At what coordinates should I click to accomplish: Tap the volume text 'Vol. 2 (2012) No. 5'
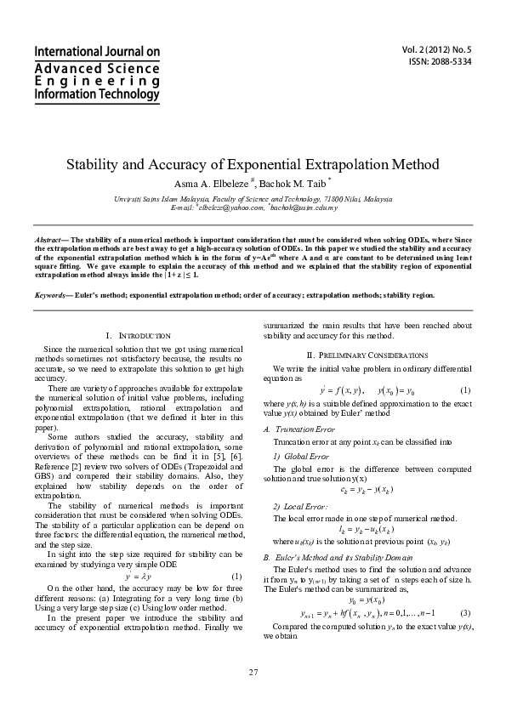coord(436,50)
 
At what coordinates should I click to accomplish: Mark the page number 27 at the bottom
coord(253,674)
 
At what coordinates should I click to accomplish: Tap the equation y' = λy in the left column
coord(137,577)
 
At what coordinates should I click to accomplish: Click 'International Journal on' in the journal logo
coord(97,52)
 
